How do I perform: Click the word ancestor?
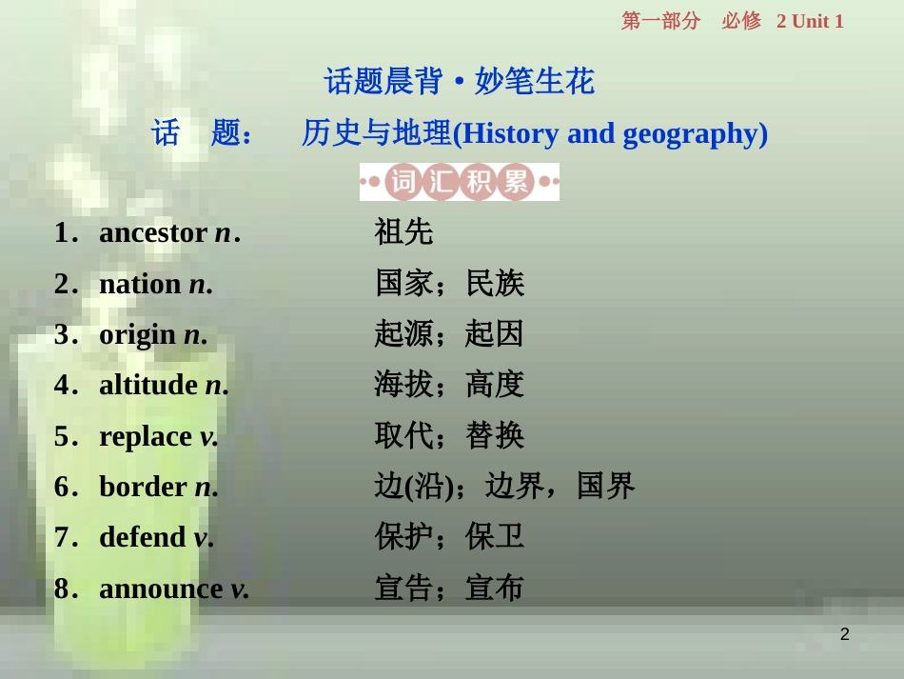pyautogui.click(x=153, y=232)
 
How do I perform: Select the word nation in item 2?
pyautogui.click(x=140, y=284)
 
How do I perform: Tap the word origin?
pyautogui.click(x=137, y=334)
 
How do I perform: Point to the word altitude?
pyautogui.click(x=148, y=385)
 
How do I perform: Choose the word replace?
pyautogui.click(x=146, y=436)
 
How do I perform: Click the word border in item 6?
pyautogui.click(x=143, y=487)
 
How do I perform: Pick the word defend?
pyautogui.click(x=142, y=537)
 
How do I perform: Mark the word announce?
pyautogui.click(x=161, y=589)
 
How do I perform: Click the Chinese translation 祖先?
pyautogui.click(x=403, y=231)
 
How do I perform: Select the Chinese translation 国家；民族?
pyautogui.click(x=449, y=283)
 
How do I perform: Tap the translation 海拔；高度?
pyautogui.click(x=449, y=385)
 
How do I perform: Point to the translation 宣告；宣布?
pyautogui.click(x=449, y=589)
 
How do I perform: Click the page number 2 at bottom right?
pyautogui.click(x=844, y=634)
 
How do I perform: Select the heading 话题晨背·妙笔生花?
pyautogui.click(x=460, y=82)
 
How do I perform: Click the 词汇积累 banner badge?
pyautogui.click(x=460, y=182)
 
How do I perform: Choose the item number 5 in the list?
pyautogui.click(x=62, y=436)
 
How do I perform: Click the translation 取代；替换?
pyautogui.click(x=449, y=436)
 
